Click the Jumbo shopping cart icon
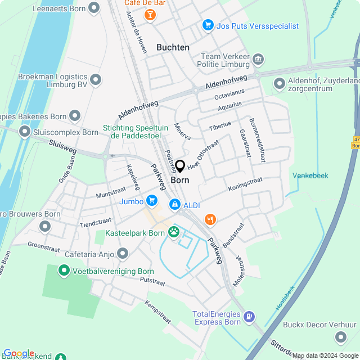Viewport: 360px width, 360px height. tap(151, 200)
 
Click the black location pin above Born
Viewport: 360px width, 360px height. tap(180, 166)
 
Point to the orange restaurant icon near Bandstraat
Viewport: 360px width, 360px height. tap(210, 219)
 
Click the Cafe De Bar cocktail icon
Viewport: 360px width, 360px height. tap(150, 14)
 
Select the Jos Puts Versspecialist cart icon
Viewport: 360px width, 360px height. tap(208, 26)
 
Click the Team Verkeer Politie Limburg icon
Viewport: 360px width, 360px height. tap(258, 60)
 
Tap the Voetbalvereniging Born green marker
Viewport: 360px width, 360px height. tap(64, 271)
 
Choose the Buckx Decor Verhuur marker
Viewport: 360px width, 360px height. tap(340, 337)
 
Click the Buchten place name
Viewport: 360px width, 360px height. tap(173, 48)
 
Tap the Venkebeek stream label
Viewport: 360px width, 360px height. tap(310, 175)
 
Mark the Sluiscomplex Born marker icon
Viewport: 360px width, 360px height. tap(24, 132)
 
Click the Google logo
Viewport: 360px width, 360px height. tap(19, 353)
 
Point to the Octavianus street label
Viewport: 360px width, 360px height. tap(229, 94)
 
